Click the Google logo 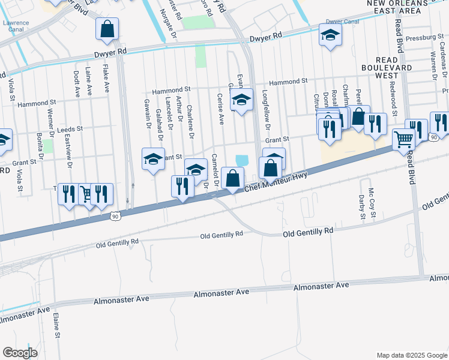tap(20, 352)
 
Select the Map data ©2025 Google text tap(412, 355)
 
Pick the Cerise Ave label tap(221, 109)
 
